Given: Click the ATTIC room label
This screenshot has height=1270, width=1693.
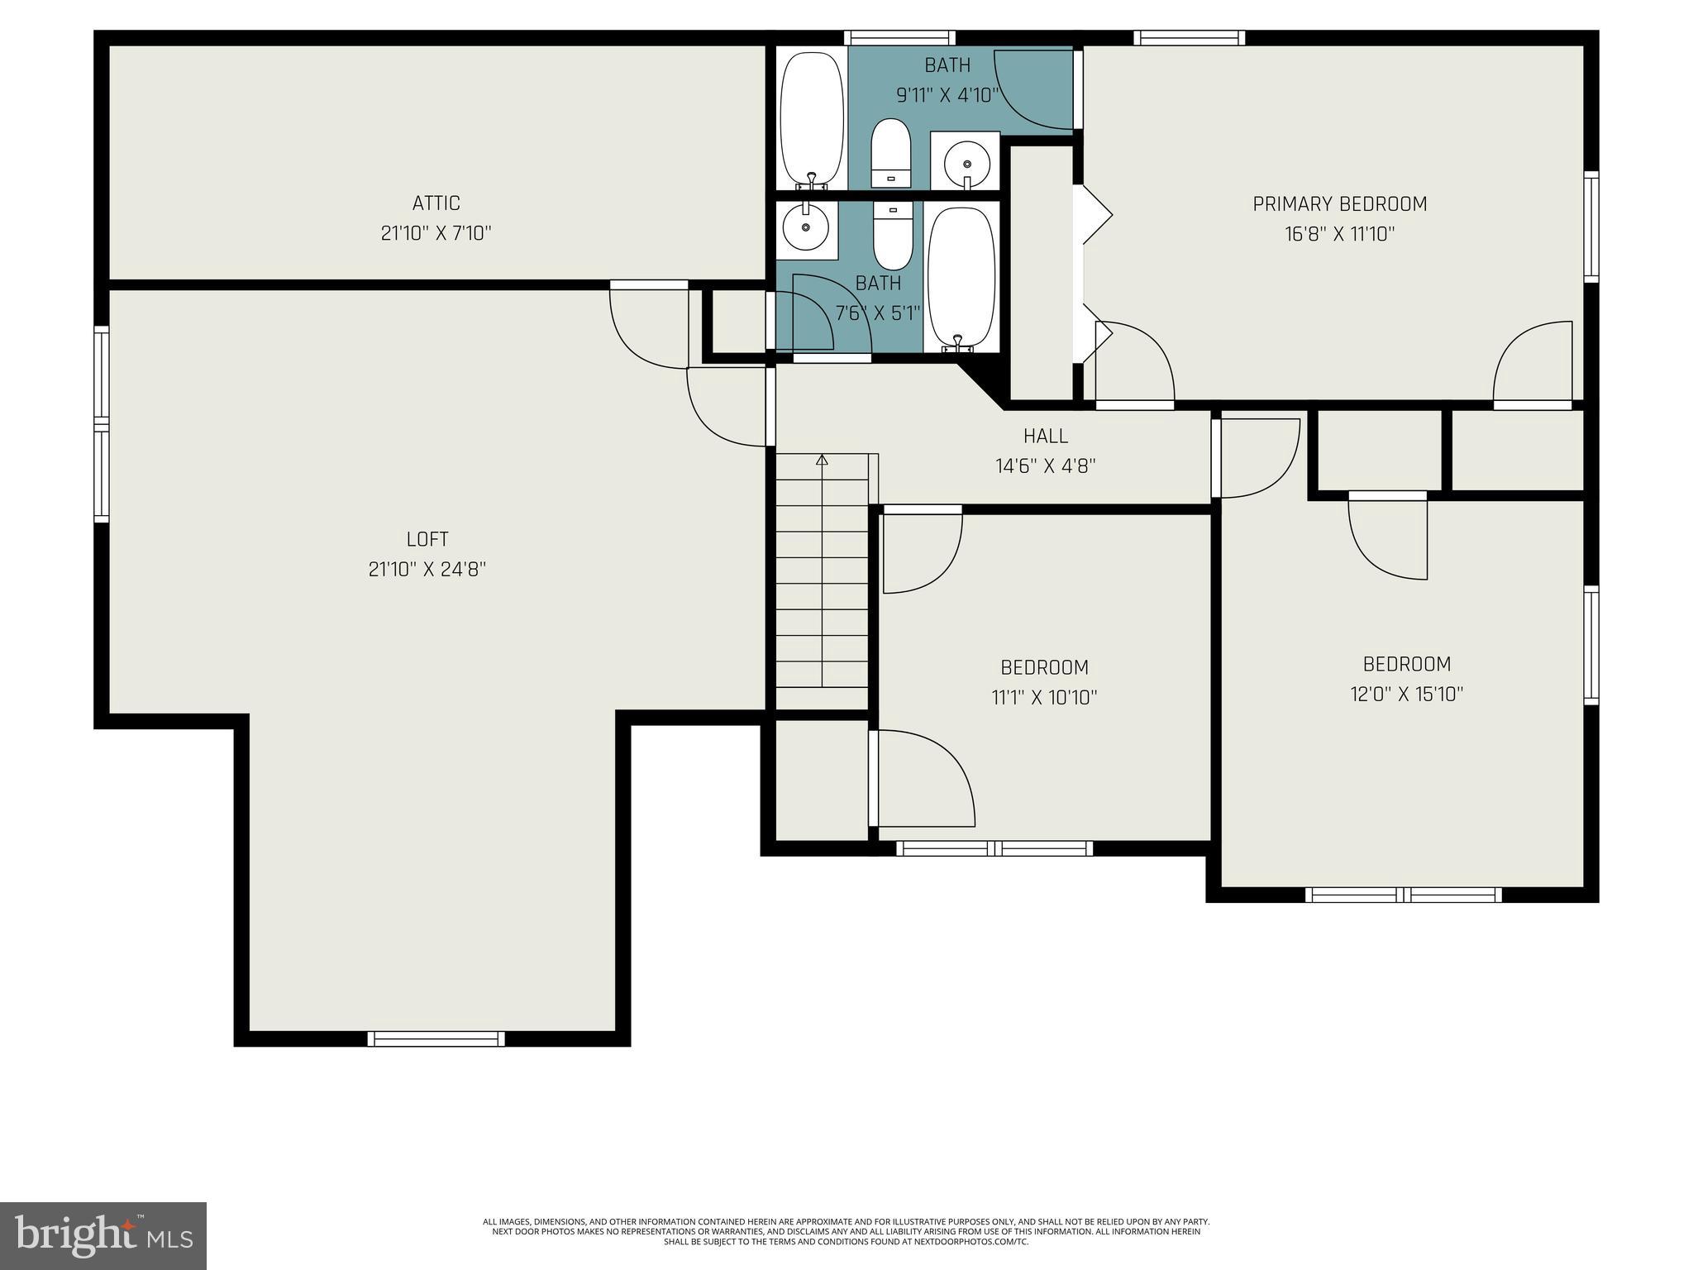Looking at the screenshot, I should pos(436,203).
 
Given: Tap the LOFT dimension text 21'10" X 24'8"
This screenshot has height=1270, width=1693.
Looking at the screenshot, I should pos(427,570).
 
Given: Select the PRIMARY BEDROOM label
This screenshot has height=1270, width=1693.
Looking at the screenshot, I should pos(1339,204).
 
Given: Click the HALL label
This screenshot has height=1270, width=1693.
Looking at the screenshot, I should pos(1045,436).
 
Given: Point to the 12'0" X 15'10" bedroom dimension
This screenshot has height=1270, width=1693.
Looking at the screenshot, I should pos(1406,695).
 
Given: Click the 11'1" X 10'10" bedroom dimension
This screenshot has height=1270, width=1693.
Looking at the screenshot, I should pos(1044,698).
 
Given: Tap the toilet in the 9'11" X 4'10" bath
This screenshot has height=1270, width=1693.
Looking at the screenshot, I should pos(890,154).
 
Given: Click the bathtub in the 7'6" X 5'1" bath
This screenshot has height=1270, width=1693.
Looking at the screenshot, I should pos(960,278).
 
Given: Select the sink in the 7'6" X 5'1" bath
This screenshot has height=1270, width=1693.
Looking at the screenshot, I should pos(805,227).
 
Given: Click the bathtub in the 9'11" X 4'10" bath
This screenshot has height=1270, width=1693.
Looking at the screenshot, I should pos(812,121).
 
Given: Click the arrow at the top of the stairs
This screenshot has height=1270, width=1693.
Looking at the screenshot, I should pos(822,460).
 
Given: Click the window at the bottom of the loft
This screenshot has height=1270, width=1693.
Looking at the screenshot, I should pos(436,1039).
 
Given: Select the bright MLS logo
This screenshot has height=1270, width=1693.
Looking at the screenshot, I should pos(103,1236).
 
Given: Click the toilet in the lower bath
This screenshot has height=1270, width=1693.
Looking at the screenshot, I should pos(892,235).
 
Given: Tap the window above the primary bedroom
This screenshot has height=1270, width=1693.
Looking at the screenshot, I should pos(1189,37).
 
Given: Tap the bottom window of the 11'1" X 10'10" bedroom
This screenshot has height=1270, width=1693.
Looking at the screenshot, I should pos(994,848).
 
